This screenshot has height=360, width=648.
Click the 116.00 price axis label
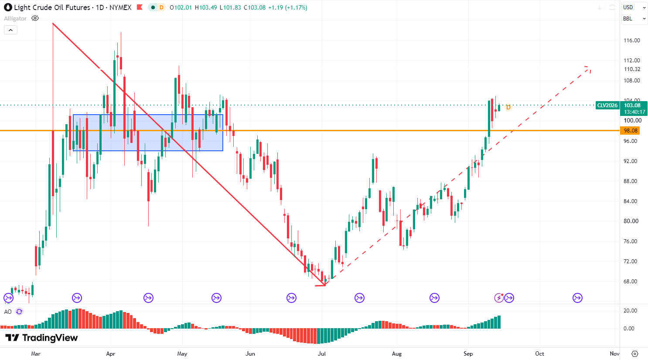(x=632, y=41)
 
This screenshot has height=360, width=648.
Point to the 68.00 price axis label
(x=631, y=282)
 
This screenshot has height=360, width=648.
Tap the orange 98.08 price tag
(x=631, y=131)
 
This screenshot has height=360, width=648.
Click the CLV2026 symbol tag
(x=607, y=105)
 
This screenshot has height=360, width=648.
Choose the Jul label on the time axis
(x=322, y=353)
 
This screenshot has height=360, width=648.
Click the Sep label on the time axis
(x=468, y=353)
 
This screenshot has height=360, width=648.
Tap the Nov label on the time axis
(x=614, y=353)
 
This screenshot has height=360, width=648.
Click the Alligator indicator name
(x=15, y=18)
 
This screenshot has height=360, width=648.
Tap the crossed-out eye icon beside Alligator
(x=35, y=18)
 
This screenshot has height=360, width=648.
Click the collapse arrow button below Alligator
(x=11, y=30)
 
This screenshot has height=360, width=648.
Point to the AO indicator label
(x=8, y=312)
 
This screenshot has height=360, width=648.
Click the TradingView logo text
(x=50, y=338)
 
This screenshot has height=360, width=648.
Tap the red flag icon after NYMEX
(x=140, y=7)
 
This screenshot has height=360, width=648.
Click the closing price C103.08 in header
(x=255, y=7)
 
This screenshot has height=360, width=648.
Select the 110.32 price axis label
(x=632, y=69)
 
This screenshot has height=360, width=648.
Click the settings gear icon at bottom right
(x=634, y=353)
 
